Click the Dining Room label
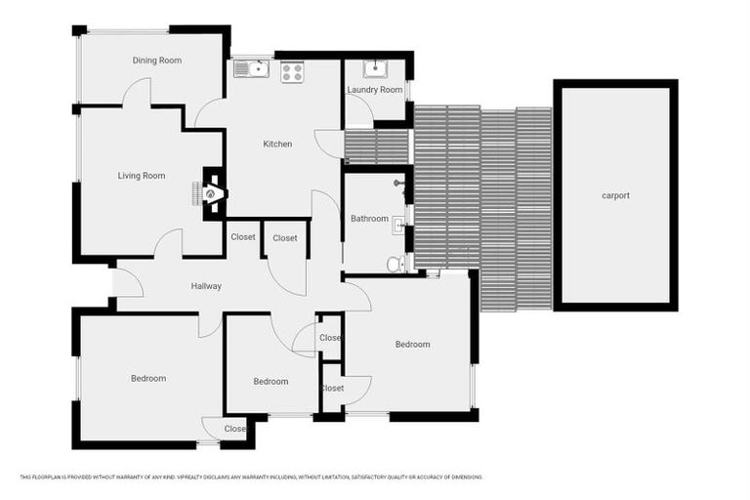point(157,61)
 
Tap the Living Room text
point(142,176)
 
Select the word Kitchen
point(277,145)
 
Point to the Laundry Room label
point(375,90)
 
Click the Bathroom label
point(369,219)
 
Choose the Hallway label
point(206,286)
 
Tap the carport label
point(615,195)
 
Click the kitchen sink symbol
point(255,68)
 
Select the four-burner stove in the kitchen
point(292,70)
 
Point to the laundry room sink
point(376,68)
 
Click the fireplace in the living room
point(212,193)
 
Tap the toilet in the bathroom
point(394,263)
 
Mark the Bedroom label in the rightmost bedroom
point(412,344)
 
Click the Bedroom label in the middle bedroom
point(271,381)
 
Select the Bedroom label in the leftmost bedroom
point(148,378)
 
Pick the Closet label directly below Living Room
point(242,237)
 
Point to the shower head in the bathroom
point(399,183)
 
